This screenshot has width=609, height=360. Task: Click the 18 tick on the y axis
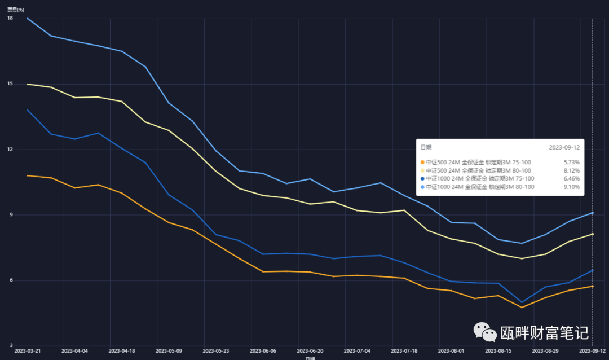[10, 19]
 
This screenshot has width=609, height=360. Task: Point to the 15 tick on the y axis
[10, 84]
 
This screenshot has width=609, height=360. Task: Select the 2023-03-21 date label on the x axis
[28, 350]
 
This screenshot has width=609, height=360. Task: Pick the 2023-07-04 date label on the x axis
[358, 350]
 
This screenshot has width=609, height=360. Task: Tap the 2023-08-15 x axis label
[498, 350]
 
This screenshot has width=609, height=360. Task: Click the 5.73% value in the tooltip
[572, 163]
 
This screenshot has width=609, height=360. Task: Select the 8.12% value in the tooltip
[572, 170]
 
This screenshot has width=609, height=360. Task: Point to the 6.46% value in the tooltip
[572, 178]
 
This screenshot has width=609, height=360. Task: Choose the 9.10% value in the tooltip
[572, 187]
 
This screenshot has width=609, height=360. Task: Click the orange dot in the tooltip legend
[422, 163]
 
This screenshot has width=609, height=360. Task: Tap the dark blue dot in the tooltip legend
[422, 178]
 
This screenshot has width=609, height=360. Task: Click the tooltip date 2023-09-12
[564, 147]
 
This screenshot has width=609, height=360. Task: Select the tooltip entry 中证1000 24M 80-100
[479, 187]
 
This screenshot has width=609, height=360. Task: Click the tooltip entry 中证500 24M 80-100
[478, 170]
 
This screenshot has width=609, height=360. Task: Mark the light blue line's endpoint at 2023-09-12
[592, 213]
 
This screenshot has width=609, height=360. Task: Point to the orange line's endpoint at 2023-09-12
[592, 286]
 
